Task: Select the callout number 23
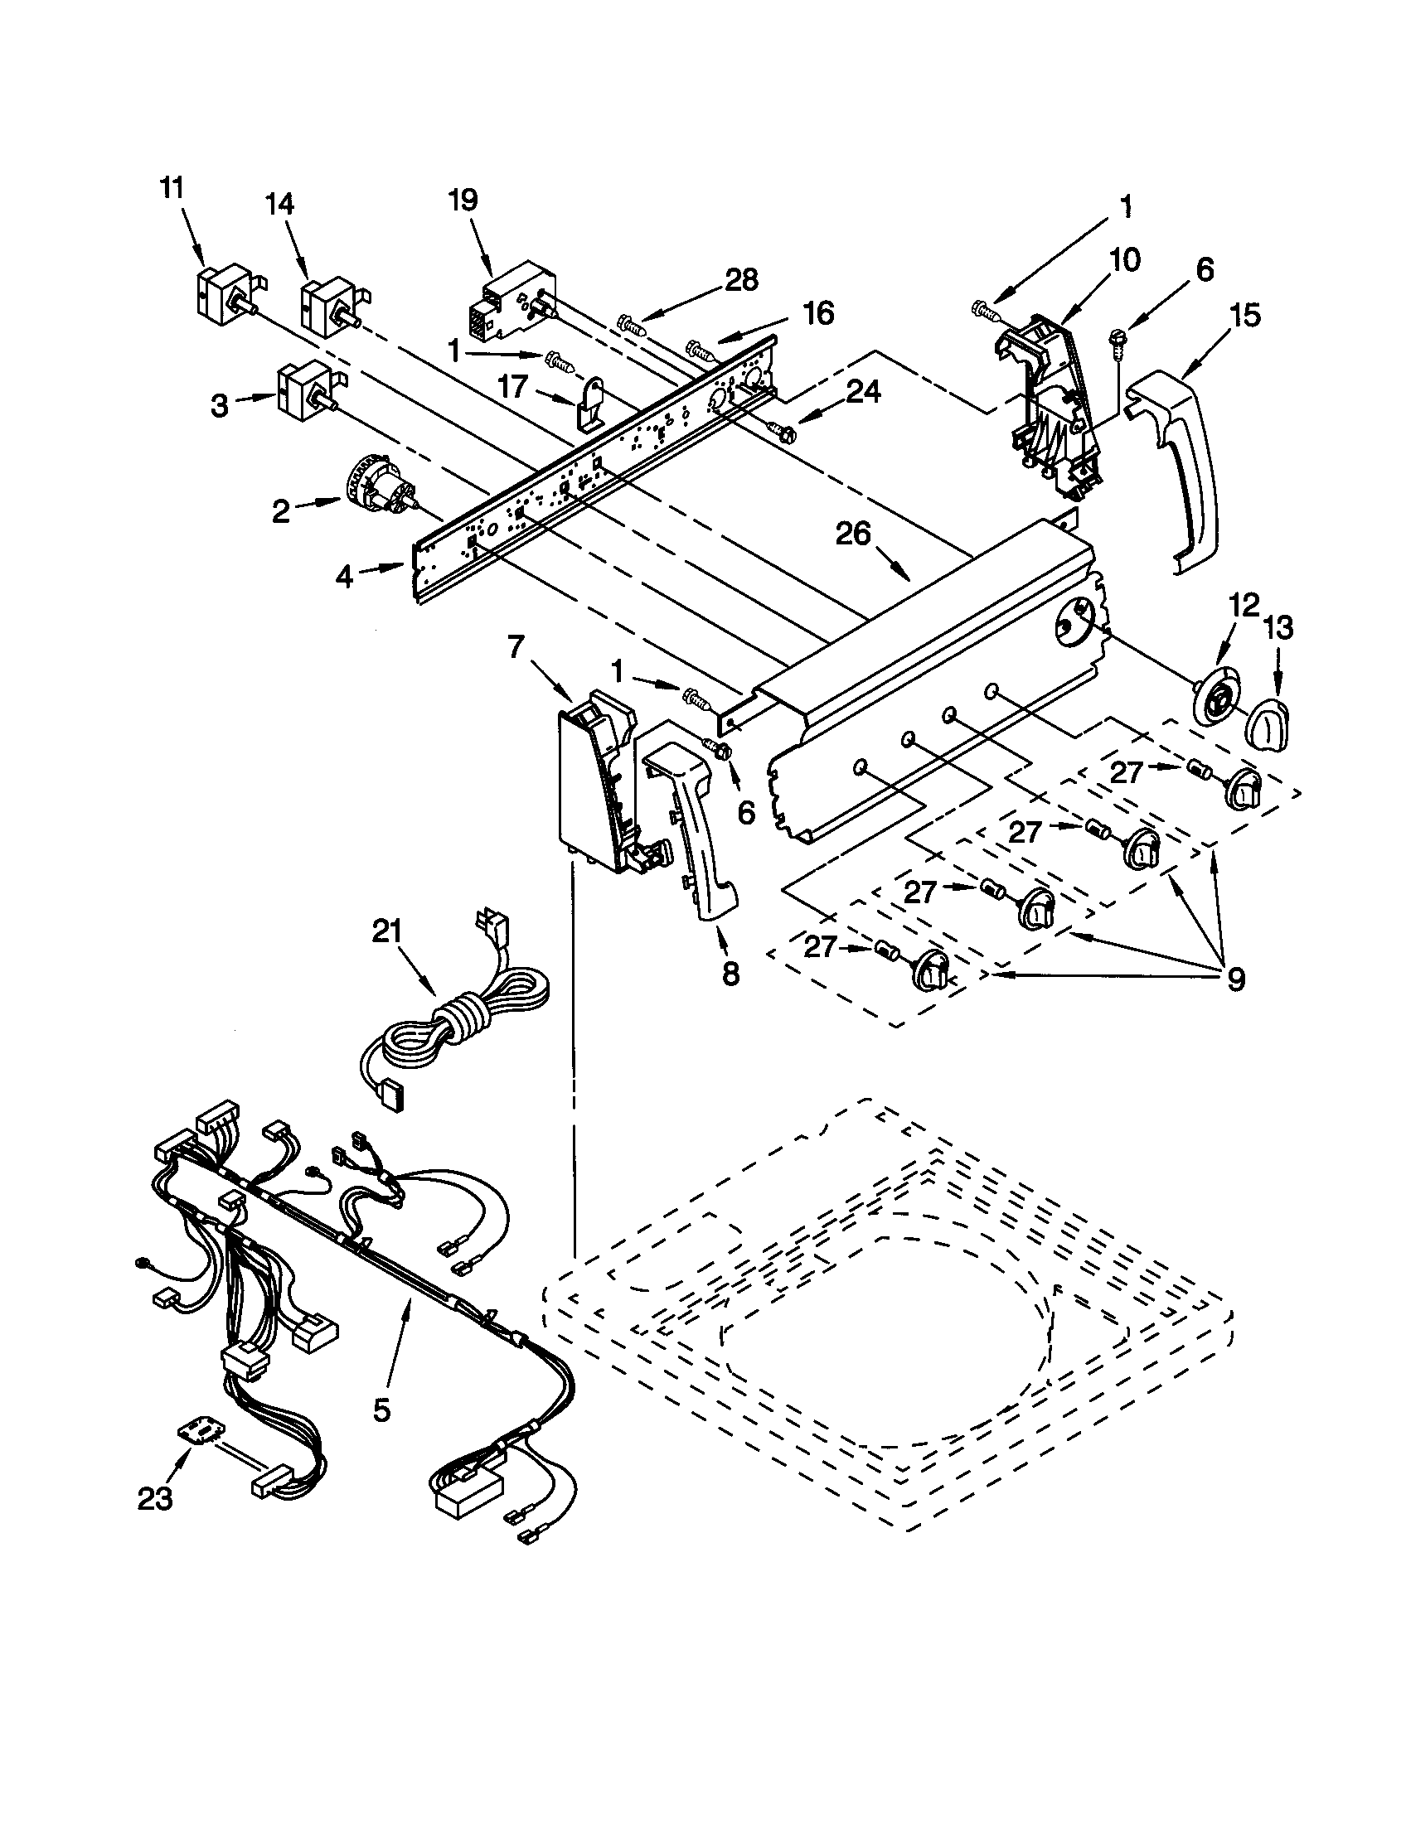tap(155, 1498)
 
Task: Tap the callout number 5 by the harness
tap(381, 1410)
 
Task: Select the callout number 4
tap(346, 576)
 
